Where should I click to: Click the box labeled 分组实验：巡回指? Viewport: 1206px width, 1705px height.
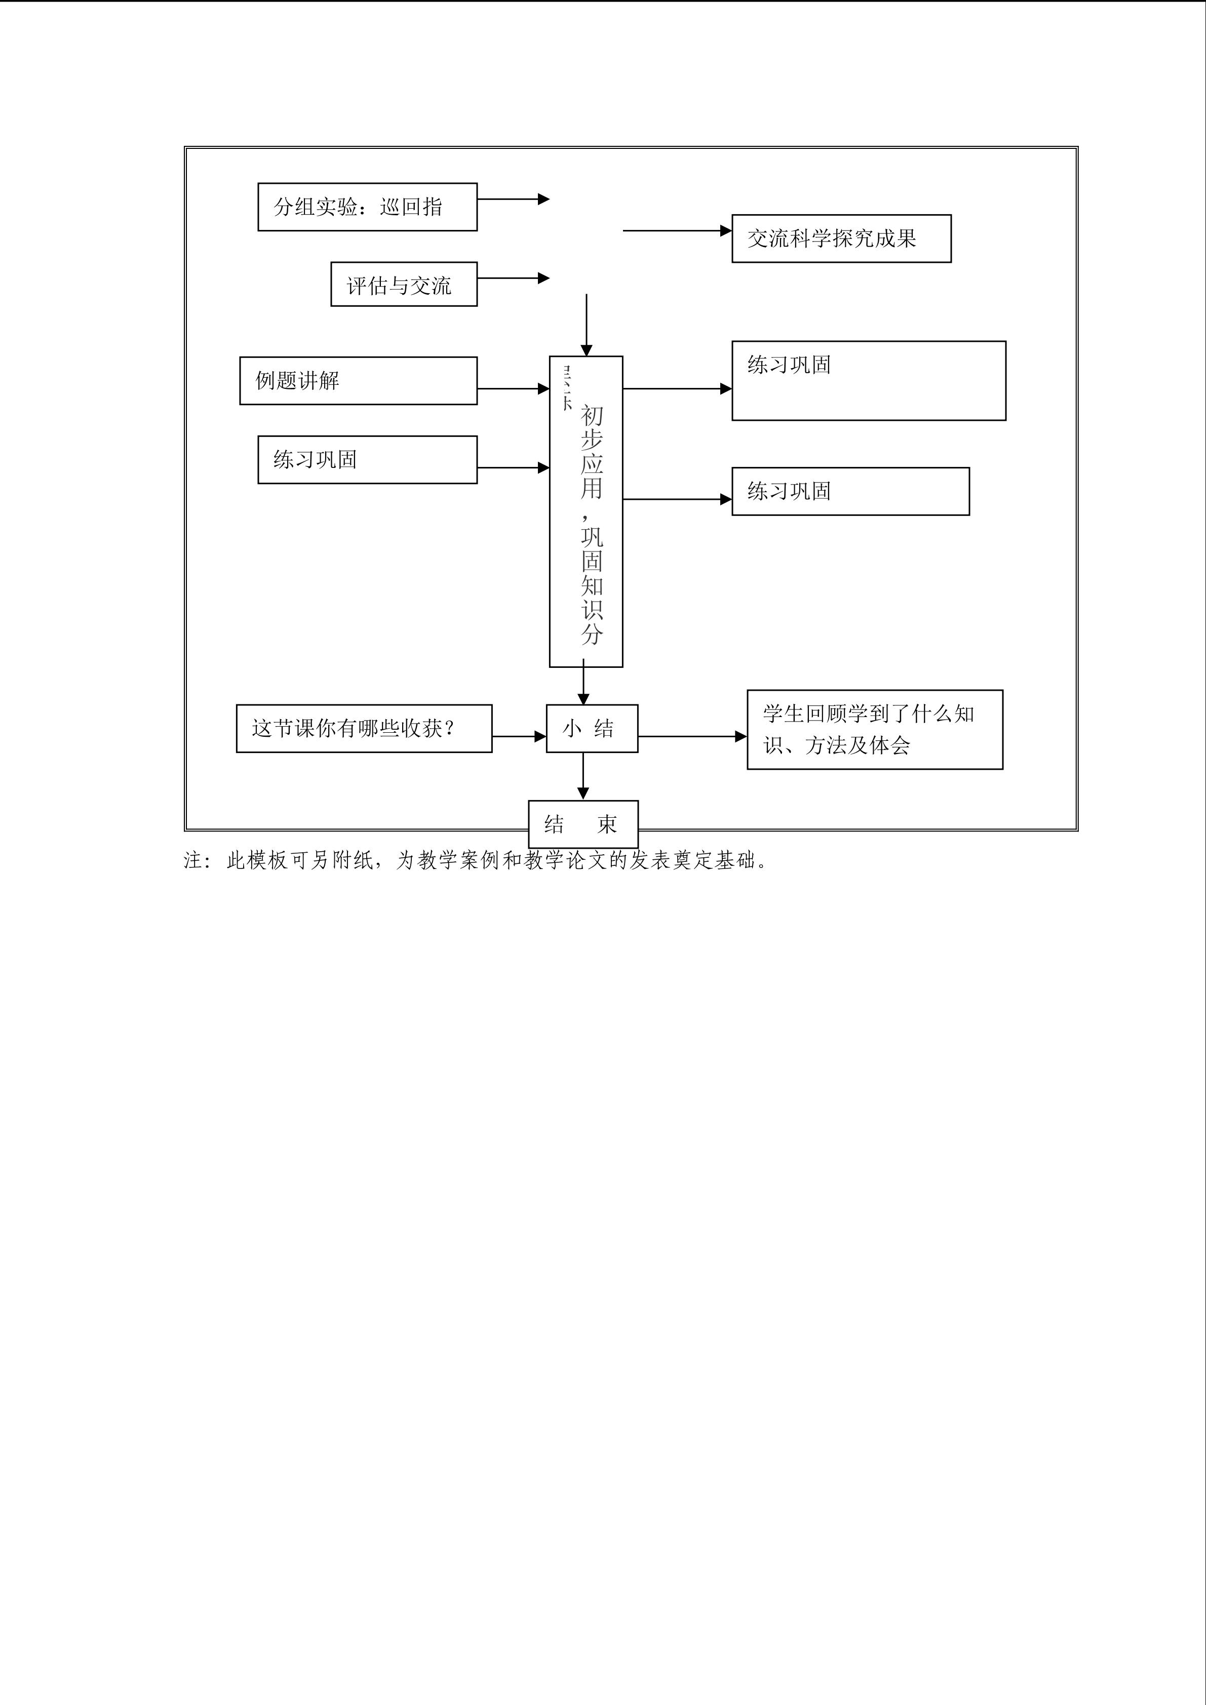click(x=367, y=207)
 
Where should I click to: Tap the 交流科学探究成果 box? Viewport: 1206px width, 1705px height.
click(x=841, y=239)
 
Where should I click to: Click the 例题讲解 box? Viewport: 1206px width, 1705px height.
click(x=358, y=381)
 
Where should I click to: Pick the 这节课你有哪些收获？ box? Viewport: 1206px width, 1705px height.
click(x=364, y=729)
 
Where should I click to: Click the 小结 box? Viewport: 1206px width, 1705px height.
click(x=592, y=729)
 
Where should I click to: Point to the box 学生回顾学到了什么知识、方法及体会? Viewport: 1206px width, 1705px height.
click(x=874, y=729)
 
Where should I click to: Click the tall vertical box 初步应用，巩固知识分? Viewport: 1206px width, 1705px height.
click(x=586, y=511)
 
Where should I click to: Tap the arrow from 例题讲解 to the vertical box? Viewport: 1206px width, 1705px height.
click(x=513, y=388)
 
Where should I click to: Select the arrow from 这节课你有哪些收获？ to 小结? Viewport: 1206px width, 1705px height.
click(x=518, y=737)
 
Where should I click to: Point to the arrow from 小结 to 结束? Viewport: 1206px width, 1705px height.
click(x=583, y=776)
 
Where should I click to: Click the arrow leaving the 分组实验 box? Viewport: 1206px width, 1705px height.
click(x=513, y=199)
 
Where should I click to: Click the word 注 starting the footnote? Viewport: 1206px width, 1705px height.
click(x=192, y=861)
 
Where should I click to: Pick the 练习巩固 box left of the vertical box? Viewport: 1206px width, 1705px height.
click(x=367, y=460)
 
